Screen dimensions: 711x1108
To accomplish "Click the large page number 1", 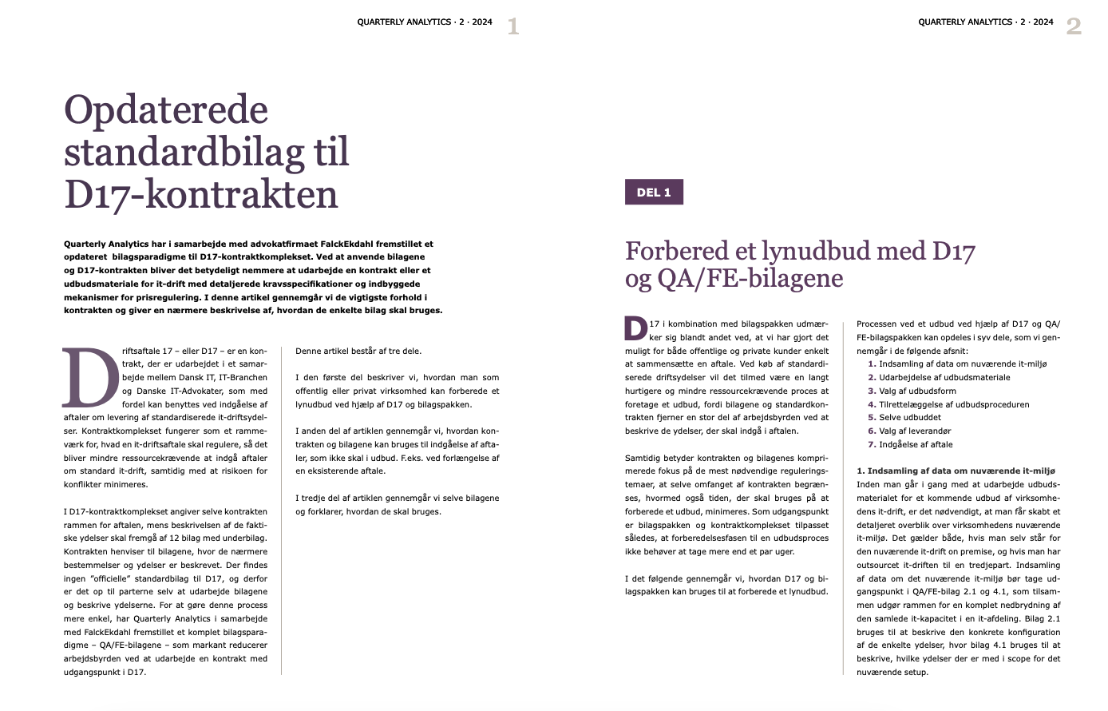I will click(x=513, y=26).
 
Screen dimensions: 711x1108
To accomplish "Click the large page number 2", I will click(x=1074, y=26).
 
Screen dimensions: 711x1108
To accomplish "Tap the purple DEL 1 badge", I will click(x=654, y=193).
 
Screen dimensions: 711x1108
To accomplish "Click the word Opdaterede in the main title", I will click(x=166, y=110).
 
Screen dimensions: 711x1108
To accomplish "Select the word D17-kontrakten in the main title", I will click(x=201, y=194).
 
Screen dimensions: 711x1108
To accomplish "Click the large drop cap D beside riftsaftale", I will click(x=91, y=377).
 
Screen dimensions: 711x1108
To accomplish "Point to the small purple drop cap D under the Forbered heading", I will click(x=635, y=328).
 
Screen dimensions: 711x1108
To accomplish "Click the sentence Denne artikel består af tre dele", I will click(x=358, y=351).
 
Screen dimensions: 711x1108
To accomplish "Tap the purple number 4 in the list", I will click(x=872, y=404).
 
